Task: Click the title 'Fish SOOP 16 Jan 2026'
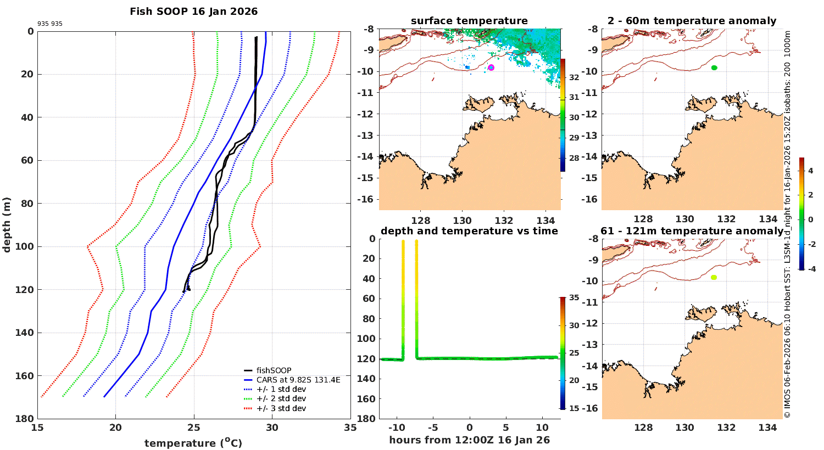tap(193, 12)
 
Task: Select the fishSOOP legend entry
tap(274, 370)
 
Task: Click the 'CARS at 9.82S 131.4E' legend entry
tap(298, 380)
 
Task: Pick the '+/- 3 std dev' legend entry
tap(281, 408)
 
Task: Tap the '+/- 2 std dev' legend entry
tap(281, 399)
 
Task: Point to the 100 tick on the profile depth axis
tap(26, 246)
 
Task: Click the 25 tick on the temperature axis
tap(194, 428)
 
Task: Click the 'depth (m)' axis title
tap(7, 224)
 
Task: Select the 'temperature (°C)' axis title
tap(193, 443)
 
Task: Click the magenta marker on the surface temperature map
tap(491, 67)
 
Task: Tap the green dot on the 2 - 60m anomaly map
tap(714, 67)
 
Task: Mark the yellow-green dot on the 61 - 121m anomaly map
tap(714, 278)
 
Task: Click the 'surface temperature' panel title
tap(469, 21)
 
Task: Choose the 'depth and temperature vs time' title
tap(469, 231)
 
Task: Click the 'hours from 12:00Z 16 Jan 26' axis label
tap(469, 440)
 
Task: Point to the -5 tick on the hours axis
tap(433, 428)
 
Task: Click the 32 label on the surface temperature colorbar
tap(574, 77)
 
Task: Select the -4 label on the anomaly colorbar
tap(810, 269)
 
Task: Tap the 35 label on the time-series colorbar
tap(574, 298)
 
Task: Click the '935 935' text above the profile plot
tap(49, 24)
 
